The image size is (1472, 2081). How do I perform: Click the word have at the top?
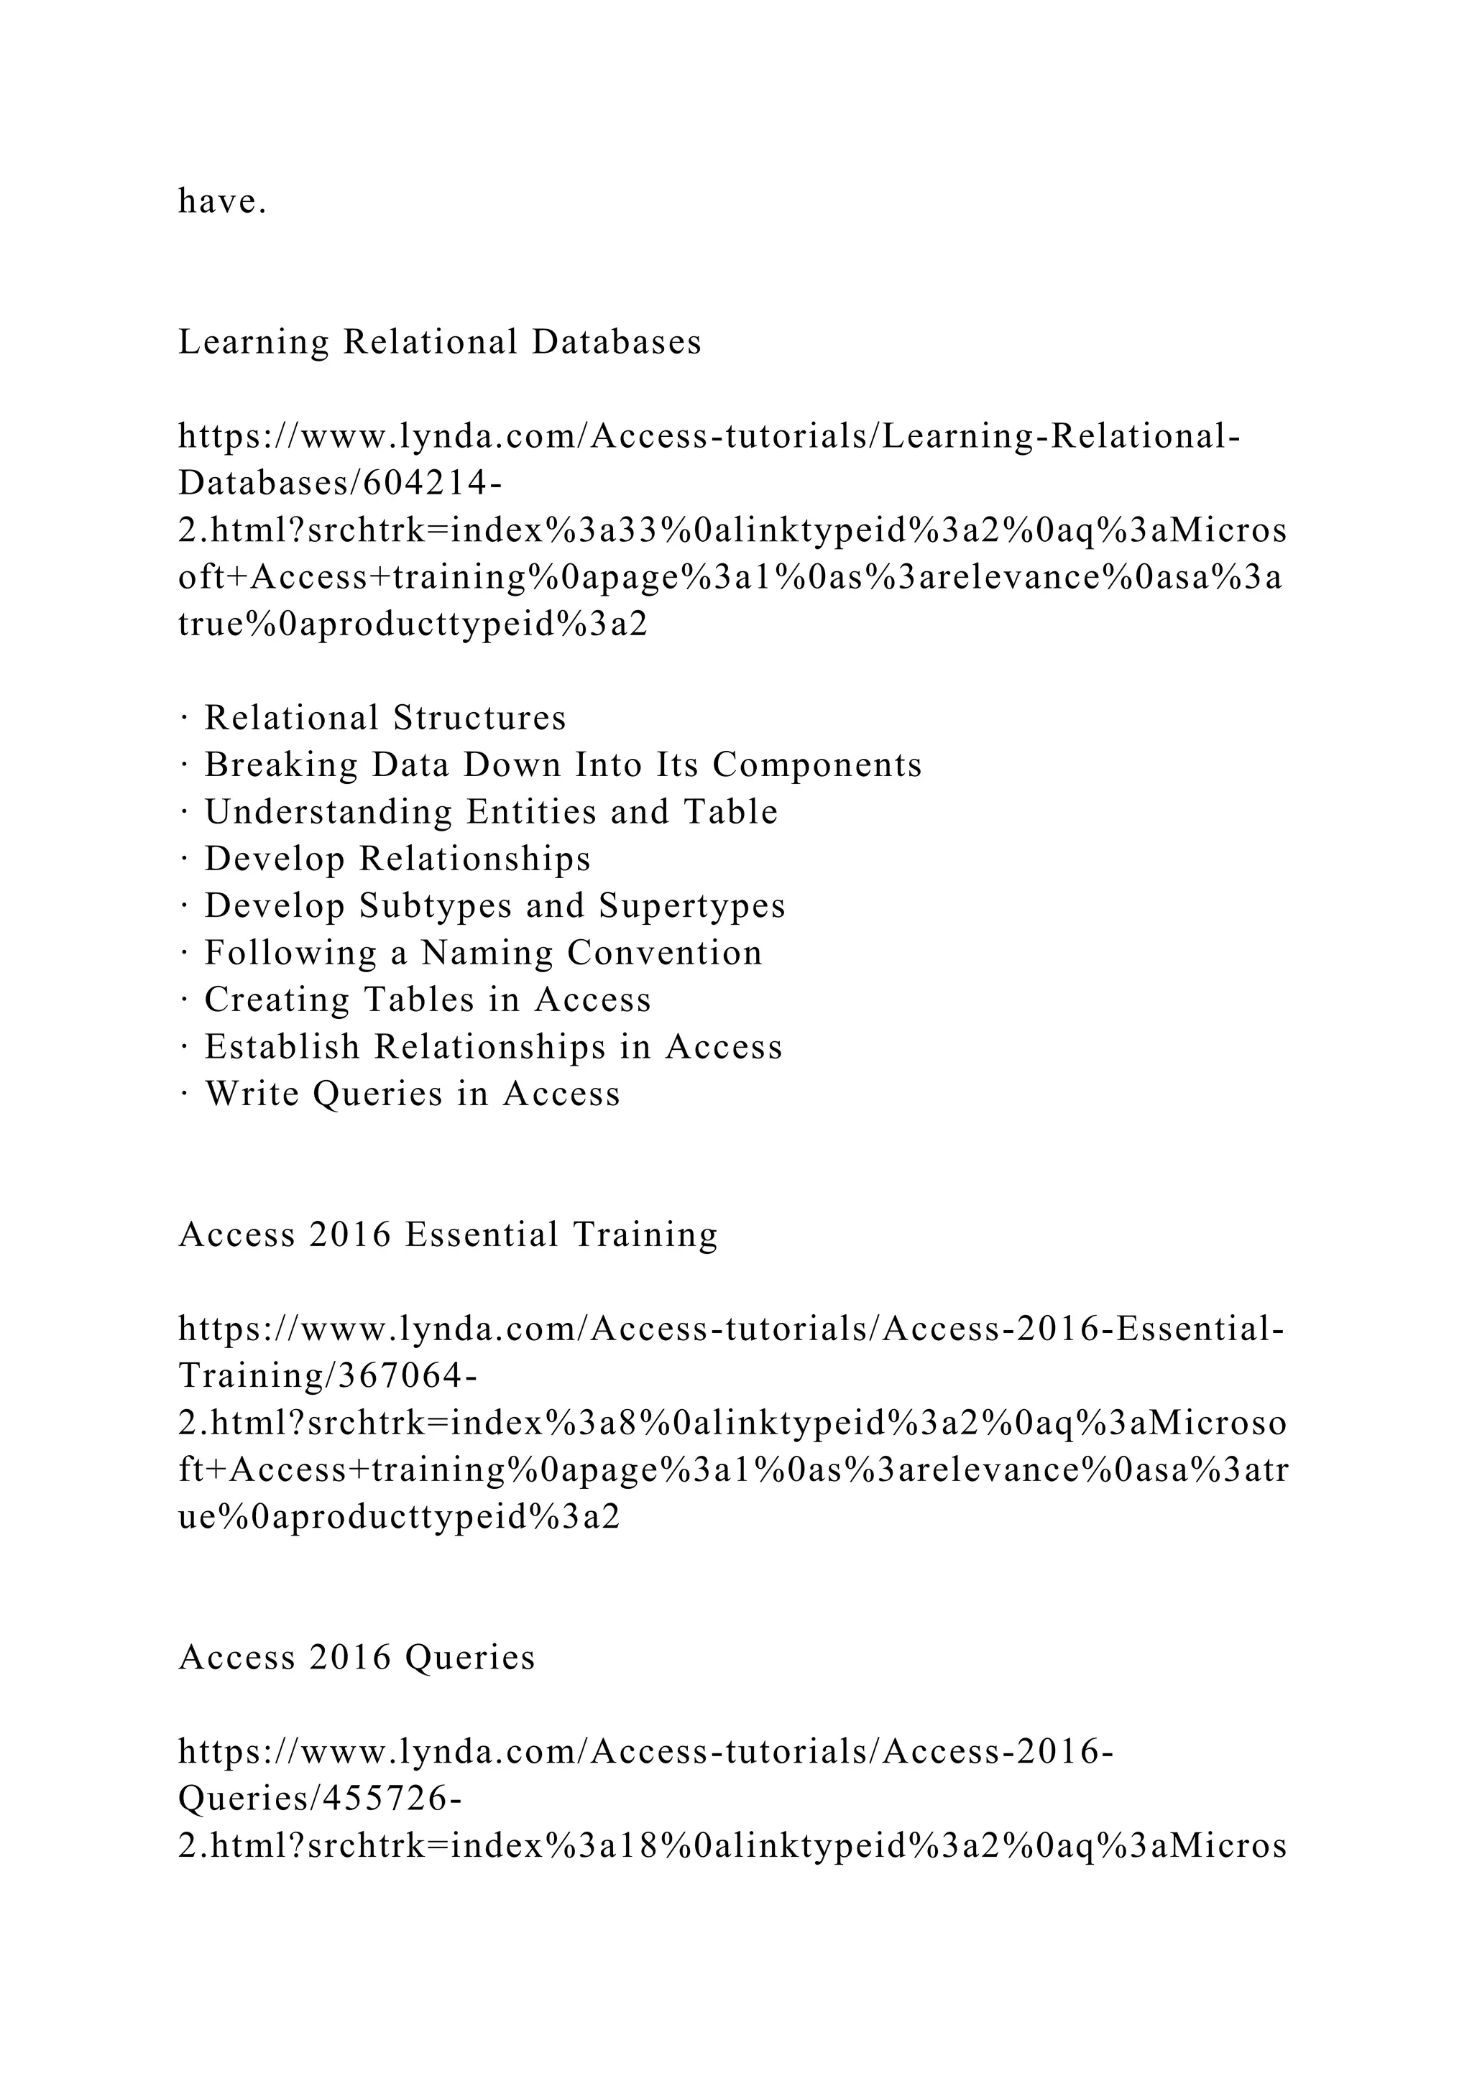click(221, 201)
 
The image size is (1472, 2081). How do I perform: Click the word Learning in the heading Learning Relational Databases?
click(254, 343)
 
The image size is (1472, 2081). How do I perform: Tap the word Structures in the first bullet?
click(479, 718)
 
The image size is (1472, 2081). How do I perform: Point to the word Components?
click(816, 765)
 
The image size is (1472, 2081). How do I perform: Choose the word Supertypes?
click(692, 905)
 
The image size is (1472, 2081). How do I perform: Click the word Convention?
click(664, 953)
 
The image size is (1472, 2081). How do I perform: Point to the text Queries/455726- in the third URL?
click(320, 1799)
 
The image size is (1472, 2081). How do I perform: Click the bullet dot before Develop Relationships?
click(184, 859)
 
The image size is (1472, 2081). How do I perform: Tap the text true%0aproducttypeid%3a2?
click(413, 625)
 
